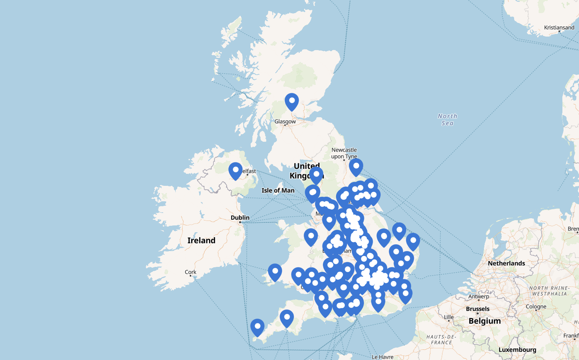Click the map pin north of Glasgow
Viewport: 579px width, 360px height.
(292, 102)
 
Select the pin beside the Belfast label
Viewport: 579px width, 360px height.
(235, 171)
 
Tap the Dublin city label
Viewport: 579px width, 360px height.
(240, 218)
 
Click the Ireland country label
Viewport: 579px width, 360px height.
(201, 241)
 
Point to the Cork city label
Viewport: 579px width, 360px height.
(190, 272)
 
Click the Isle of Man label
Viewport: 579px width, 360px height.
(278, 190)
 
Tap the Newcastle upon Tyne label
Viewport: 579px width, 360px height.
(344, 153)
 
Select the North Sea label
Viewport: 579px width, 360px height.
(447, 119)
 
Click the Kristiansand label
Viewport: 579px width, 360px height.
(559, 28)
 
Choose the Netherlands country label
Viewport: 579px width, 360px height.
(506, 263)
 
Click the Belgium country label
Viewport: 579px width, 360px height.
(484, 321)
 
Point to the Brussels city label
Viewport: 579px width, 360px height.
(478, 309)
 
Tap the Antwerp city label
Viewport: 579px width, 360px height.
(479, 296)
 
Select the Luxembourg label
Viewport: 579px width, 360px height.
(517, 349)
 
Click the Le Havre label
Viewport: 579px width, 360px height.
(382, 357)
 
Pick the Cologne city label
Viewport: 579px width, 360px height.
(536, 306)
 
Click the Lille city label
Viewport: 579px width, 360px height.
(449, 317)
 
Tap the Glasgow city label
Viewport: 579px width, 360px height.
(285, 121)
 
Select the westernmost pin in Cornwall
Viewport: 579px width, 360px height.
(257, 327)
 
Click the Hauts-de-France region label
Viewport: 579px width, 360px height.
(441, 340)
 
